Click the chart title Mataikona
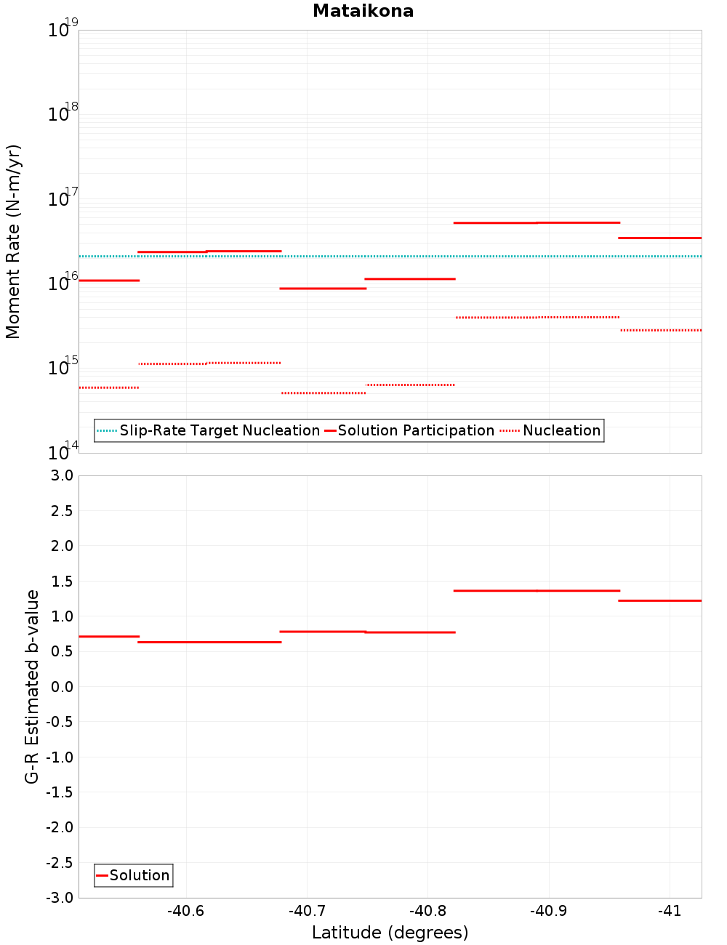363,11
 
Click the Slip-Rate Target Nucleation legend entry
219,430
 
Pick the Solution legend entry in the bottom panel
139,875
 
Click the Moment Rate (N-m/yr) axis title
13,241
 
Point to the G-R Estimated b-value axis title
32,686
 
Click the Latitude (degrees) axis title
390,933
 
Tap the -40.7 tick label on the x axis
307,911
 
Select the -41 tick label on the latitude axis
669,911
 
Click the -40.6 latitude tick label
186,911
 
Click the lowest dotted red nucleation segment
324,393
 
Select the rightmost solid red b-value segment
659,600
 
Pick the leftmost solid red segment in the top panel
108,280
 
